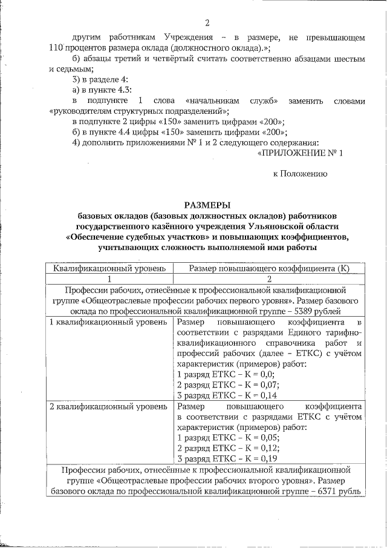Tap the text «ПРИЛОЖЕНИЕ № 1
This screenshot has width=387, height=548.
301,153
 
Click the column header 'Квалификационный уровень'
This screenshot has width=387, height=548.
107,268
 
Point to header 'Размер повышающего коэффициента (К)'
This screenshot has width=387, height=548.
268,268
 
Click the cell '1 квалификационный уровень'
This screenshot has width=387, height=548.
108,322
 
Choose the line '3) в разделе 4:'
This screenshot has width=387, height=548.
100,79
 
